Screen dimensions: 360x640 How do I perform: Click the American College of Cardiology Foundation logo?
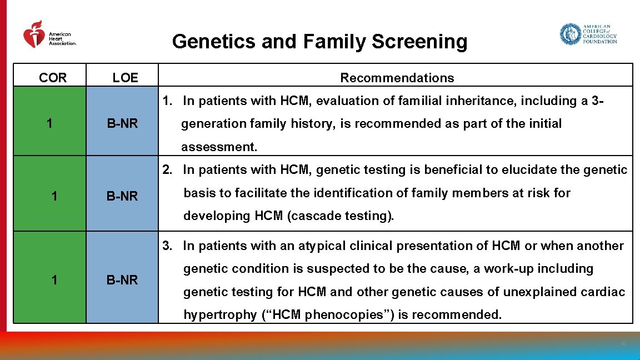coord(588,34)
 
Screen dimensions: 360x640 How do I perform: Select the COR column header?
coord(53,78)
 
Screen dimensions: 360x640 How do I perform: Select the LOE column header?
coord(125,78)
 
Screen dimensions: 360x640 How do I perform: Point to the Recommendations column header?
coord(397,78)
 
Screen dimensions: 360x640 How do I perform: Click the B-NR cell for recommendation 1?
coord(122,123)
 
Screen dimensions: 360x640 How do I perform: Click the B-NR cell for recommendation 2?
coord(122,196)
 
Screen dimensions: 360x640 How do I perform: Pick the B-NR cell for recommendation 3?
coord(122,280)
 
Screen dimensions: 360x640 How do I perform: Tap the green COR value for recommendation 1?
coord(50,123)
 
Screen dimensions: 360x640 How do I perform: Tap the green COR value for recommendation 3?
coord(53,280)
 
